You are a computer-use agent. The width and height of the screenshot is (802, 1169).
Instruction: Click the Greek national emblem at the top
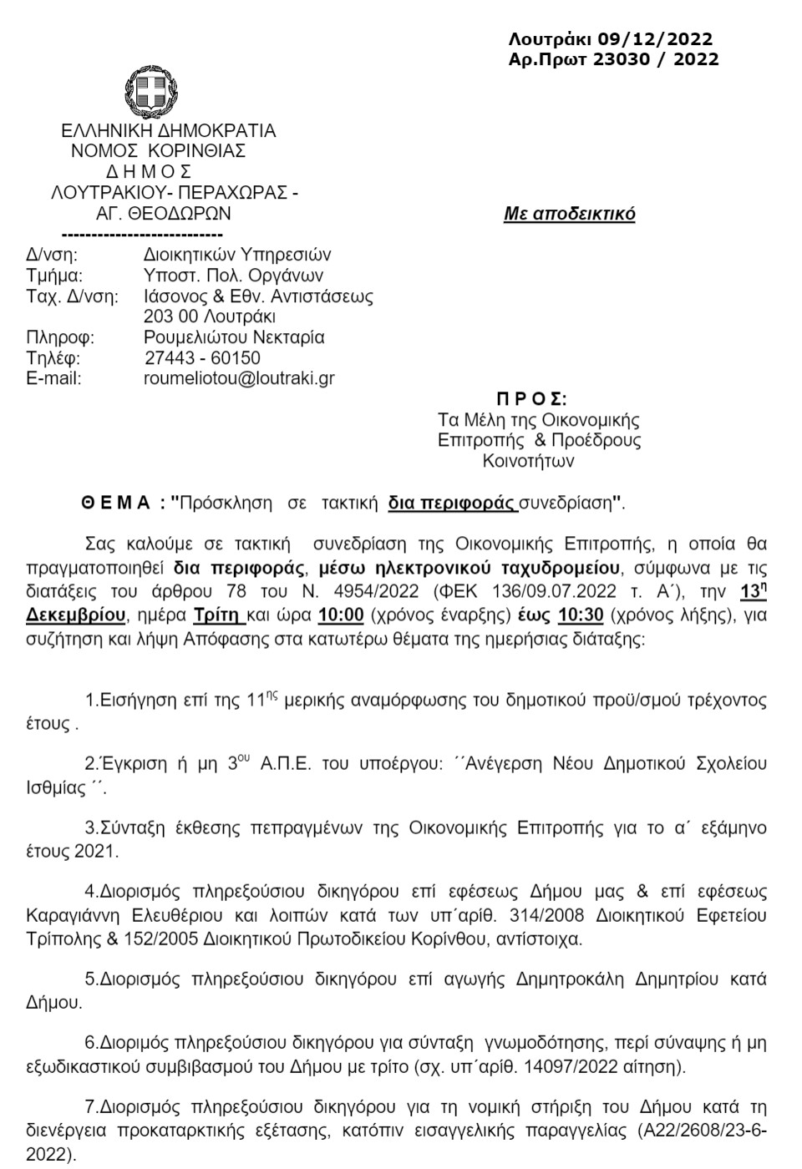pyautogui.click(x=151, y=91)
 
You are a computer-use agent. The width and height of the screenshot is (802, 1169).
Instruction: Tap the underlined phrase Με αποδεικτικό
pyautogui.click(x=569, y=214)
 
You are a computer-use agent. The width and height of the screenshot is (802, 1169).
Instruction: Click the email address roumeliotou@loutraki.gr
pyautogui.click(x=239, y=378)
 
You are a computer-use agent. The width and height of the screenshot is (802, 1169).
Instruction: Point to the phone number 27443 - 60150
pyautogui.click(x=202, y=358)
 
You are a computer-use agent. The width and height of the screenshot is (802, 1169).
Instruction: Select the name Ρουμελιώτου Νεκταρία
pyautogui.click(x=234, y=337)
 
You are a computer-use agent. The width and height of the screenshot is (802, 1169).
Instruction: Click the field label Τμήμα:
pyautogui.click(x=55, y=276)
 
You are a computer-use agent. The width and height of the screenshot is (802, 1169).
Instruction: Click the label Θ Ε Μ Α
pyautogui.click(x=116, y=503)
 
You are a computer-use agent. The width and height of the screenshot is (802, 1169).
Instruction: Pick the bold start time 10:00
pyautogui.click(x=340, y=617)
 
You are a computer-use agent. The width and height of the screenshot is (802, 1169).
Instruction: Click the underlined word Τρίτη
pyautogui.click(x=218, y=617)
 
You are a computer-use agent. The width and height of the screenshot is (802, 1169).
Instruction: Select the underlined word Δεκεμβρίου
pyautogui.click(x=78, y=617)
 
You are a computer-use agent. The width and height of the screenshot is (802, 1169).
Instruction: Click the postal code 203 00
pyautogui.click(x=170, y=316)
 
